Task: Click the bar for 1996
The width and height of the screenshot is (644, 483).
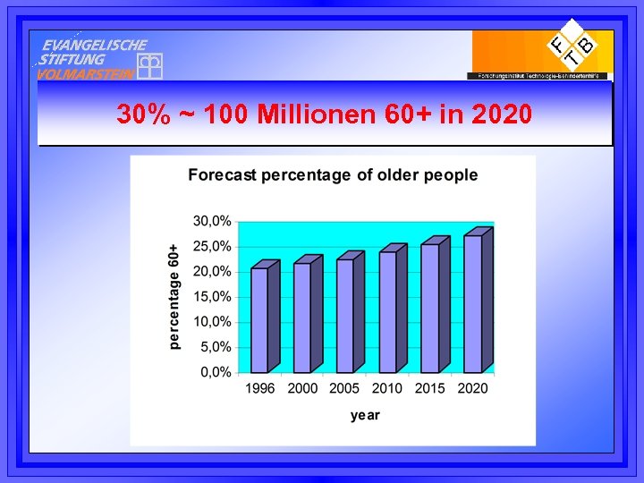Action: click(x=259, y=319)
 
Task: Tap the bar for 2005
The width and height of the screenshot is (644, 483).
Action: click(x=345, y=315)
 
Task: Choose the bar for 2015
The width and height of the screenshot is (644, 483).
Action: click(x=430, y=308)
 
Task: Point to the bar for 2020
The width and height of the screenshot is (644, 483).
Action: click(x=473, y=303)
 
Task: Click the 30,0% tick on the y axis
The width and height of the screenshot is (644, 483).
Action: click(x=212, y=221)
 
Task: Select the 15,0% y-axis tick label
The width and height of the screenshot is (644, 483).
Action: click(x=212, y=296)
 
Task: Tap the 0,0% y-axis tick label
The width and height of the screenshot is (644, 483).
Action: click(x=215, y=372)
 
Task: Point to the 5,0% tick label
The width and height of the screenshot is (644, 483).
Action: click(x=215, y=347)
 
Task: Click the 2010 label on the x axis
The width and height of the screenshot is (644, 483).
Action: click(x=387, y=389)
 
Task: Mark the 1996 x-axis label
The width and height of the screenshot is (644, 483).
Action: click(x=259, y=389)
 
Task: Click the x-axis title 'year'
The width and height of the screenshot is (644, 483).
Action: click(x=365, y=415)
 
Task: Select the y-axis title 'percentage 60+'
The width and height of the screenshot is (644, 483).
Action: click(x=174, y=296)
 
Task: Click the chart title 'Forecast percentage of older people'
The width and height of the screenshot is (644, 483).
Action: click(x=333, y=175)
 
